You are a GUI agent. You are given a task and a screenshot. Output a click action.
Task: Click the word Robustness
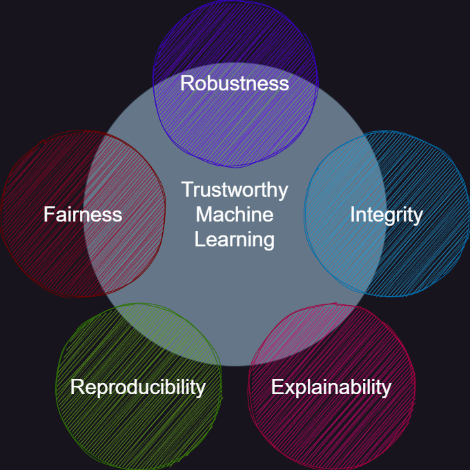[235, 84]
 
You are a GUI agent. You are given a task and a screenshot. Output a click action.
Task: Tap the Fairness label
[83, 215]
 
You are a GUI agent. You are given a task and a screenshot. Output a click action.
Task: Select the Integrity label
[386, 215]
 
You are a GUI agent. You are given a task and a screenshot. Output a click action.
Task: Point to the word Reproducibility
[138, 387]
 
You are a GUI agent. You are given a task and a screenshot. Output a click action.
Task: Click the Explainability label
[331, 387]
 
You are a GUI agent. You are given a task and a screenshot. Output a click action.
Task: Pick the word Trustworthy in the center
[235, 189]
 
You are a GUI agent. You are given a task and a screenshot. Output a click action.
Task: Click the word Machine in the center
[235, 215]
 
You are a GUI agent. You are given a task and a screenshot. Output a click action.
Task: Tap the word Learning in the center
[235, 239]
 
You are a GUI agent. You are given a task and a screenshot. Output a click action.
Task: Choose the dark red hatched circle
[41, 255]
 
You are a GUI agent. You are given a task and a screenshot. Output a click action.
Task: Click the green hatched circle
[138, 428]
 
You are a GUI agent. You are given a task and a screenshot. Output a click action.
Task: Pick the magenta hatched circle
[332, 428]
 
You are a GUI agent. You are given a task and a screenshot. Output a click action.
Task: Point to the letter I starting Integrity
[352, 215]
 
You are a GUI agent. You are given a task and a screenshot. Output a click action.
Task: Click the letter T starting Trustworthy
[187, 189]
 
